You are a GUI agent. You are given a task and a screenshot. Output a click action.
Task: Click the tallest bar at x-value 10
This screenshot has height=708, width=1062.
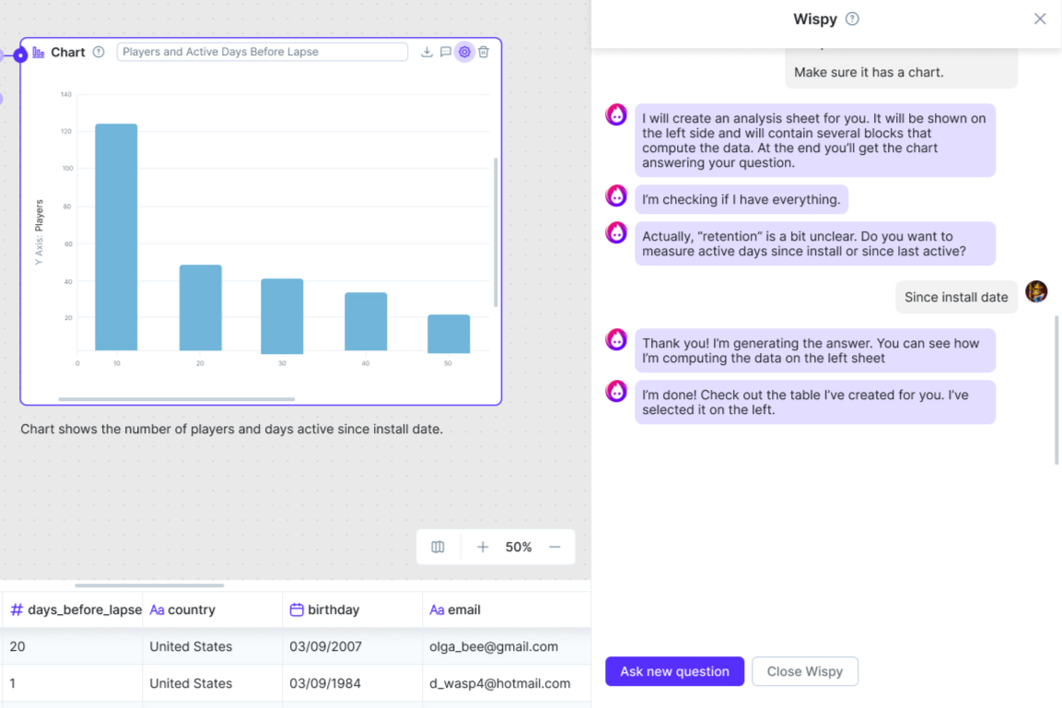(x=116, y=237)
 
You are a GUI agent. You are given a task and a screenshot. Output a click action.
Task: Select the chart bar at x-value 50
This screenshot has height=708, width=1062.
(x=449, y=334)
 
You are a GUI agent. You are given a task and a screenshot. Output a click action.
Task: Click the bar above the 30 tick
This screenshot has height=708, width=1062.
(x=282, y=315)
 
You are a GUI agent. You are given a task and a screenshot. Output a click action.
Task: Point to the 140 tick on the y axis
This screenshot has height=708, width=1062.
(x=65, y=94)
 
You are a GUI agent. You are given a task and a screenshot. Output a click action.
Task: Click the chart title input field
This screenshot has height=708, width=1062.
(x=262, y=53)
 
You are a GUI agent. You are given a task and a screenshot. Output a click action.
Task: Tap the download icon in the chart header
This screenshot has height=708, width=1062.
(x=426, y=53)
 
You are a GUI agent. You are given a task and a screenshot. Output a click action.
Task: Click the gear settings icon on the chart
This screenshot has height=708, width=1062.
(x=464, y=53)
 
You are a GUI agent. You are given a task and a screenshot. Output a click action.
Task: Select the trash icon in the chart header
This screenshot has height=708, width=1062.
(x=484, y=53)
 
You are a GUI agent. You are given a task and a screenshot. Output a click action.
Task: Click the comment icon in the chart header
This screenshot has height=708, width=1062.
(x=446, y=53)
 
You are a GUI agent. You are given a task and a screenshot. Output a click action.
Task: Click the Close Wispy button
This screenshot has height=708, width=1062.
(x=805, y=671)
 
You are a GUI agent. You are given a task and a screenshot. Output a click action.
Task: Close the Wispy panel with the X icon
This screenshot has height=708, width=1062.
(x=1040, y=18)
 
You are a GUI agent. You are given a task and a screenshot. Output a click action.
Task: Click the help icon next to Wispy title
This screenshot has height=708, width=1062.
(x=852, y=18)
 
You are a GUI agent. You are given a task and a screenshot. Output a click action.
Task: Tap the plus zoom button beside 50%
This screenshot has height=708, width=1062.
(x=483, y=547)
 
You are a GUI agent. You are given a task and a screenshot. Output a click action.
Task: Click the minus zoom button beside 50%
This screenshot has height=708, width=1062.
(x=554, y=547)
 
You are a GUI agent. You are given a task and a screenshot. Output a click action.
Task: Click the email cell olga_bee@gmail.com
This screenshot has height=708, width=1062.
(x=494, y=646)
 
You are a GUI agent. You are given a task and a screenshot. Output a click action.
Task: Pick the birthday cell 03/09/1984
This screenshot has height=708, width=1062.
(x=325, y=683)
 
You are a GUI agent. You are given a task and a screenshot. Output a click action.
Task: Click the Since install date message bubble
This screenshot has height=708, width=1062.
(x=956, y=297)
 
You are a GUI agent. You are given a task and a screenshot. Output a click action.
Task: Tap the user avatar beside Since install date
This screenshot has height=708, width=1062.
(x=1036, y=292)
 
